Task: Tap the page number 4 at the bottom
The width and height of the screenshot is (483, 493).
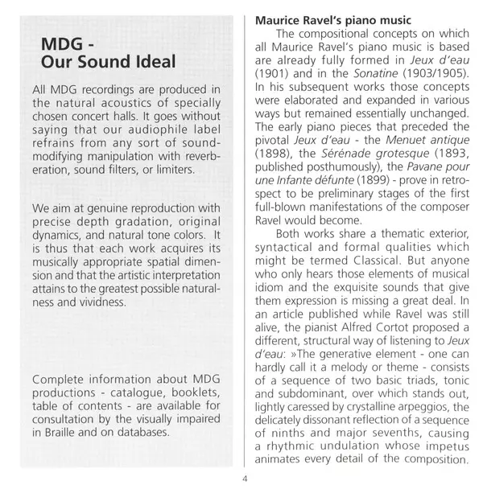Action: click(244, 481)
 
